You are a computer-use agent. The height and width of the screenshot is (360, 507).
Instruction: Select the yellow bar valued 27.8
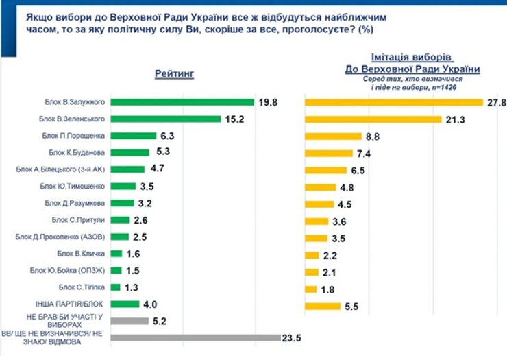[394, 102]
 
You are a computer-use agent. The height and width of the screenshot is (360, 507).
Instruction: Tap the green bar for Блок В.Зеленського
[163, 119]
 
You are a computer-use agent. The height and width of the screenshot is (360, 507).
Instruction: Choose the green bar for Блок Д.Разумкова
[122, 203]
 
